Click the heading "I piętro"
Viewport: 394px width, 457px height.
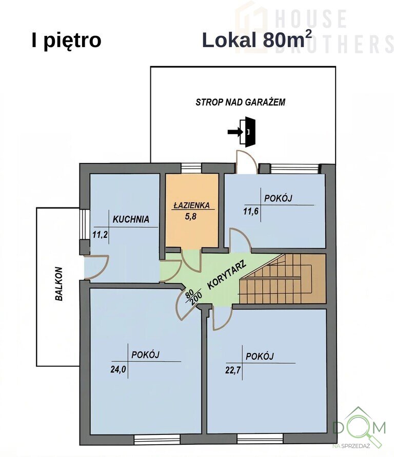point(66,41)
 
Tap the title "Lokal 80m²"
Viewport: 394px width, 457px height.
point(253,39)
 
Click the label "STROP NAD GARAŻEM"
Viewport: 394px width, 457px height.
point(240,102)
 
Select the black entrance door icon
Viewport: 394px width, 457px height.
point(248,132)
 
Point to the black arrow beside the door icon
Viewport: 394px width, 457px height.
point(235,132)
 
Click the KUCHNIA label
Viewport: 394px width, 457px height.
point(131,219)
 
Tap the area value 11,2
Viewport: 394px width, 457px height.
point(100,234)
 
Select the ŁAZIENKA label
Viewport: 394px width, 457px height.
point(191,205)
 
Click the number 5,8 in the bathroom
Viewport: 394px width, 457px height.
point(190,217)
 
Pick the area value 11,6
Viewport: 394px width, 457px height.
point(251,211)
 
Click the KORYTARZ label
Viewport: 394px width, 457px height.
point(227,274)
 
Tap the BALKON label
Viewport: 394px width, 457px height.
point(58,284)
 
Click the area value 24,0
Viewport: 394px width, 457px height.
point(118,369)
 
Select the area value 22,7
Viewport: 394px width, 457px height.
point(233,370)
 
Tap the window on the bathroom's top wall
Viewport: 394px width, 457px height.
point(191,169)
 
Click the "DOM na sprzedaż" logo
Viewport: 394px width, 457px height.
point(360,428)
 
